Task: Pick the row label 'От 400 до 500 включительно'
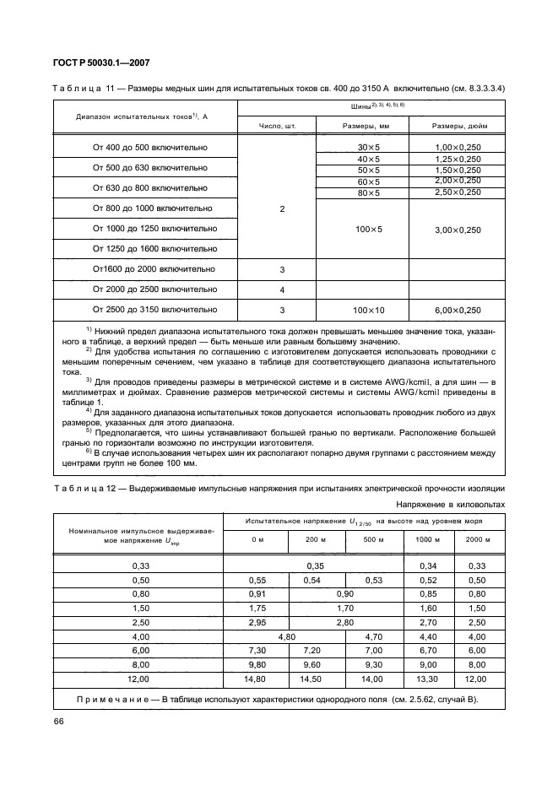[x=150, y=147]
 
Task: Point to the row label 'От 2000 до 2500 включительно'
[x=150, y=289]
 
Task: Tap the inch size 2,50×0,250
[x=458, y=193]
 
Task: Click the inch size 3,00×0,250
[x=458, y=229]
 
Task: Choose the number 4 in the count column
[x=282, y=289]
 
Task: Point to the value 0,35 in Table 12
[x=314, y=566]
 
